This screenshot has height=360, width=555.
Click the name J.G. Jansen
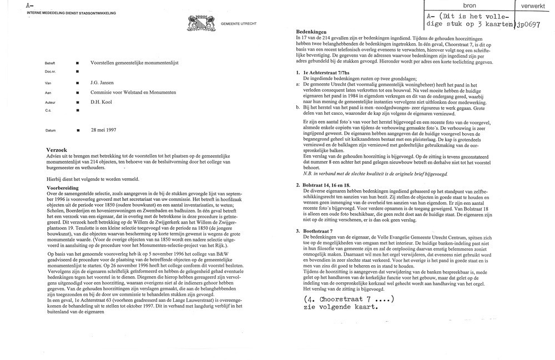coord(103,83)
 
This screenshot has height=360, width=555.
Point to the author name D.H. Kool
coord(102,102)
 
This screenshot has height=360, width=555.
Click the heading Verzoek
coord(58,150)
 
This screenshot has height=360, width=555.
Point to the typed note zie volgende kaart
coord(341,308)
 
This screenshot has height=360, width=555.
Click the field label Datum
coord(51,130)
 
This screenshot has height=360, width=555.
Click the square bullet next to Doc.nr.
coord(77,73)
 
